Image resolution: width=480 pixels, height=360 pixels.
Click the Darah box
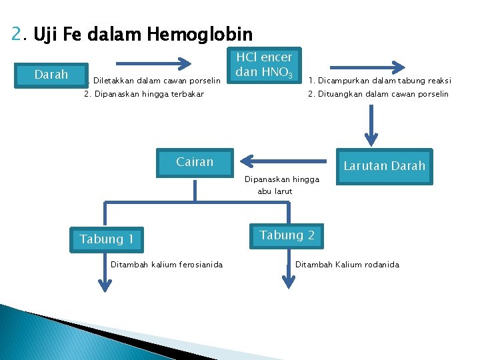[x=51, y=74]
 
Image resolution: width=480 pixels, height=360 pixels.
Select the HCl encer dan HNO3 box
[x=266, y=65]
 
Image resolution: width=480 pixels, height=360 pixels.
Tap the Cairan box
[x=195, y=162]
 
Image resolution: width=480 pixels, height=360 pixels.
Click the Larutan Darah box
[x=384, y=166]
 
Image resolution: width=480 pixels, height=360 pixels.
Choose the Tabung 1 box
[x=107, y=239]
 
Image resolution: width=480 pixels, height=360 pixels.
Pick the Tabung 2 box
[x=287, y=235]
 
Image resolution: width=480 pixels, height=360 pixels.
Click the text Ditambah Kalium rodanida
[x=347, y=265]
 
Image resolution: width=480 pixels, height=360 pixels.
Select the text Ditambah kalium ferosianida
[x=167, y=265]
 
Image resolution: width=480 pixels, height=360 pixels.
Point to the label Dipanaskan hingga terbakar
[x=144, y=94]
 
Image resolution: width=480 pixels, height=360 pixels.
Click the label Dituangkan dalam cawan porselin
[x=378, y=94]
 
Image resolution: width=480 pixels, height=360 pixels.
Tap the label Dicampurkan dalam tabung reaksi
[x=379, y=81]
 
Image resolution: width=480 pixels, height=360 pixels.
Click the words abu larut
[x=275, y=191]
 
